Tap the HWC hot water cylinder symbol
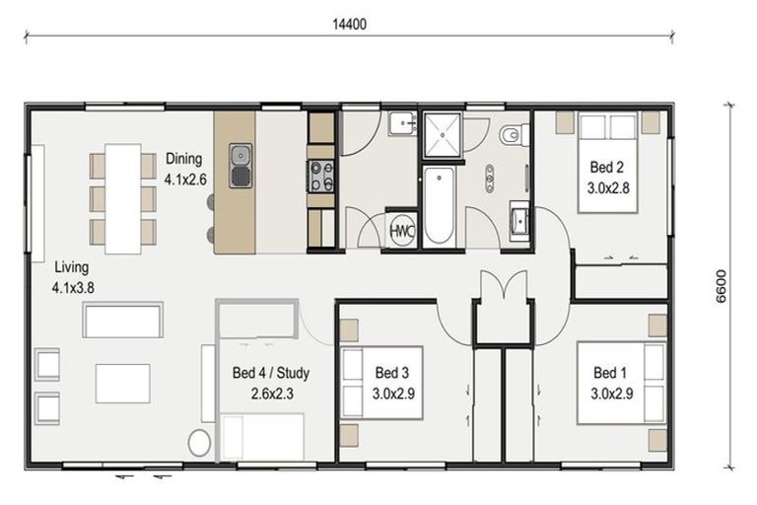click(401, 230)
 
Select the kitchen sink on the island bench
click(241, 166)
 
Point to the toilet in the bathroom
click(512, 135)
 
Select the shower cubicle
click(443, 135)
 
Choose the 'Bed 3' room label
click(391, 373)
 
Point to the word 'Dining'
click(184, 158)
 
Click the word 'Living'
click(72, 267)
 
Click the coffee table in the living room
click(122, 383)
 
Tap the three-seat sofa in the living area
click(123, 321)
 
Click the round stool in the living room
click(199, 442)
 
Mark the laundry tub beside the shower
click(401, 123)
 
